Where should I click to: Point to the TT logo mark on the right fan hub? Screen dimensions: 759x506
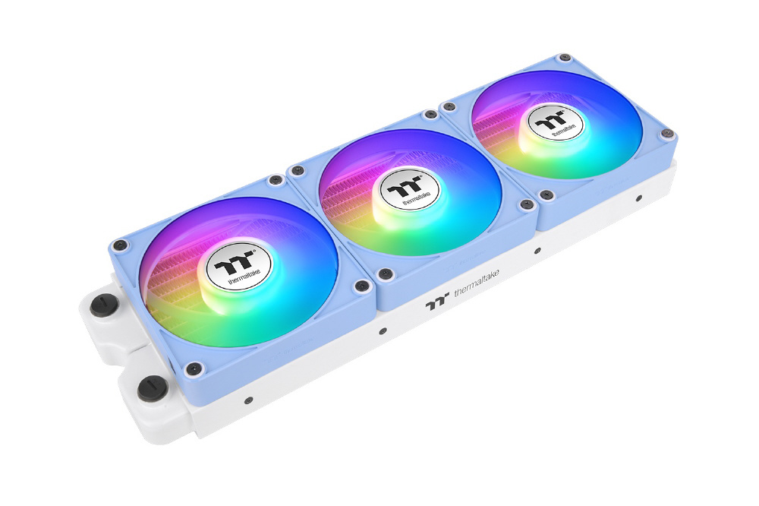pos(552,119)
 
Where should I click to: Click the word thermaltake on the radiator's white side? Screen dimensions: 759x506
pos(477,284)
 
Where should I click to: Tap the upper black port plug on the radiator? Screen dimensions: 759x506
pos(101,305)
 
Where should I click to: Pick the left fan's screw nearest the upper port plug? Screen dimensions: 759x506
pos(121,245)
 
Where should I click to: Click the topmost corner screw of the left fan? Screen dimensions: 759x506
pos(276,180)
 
